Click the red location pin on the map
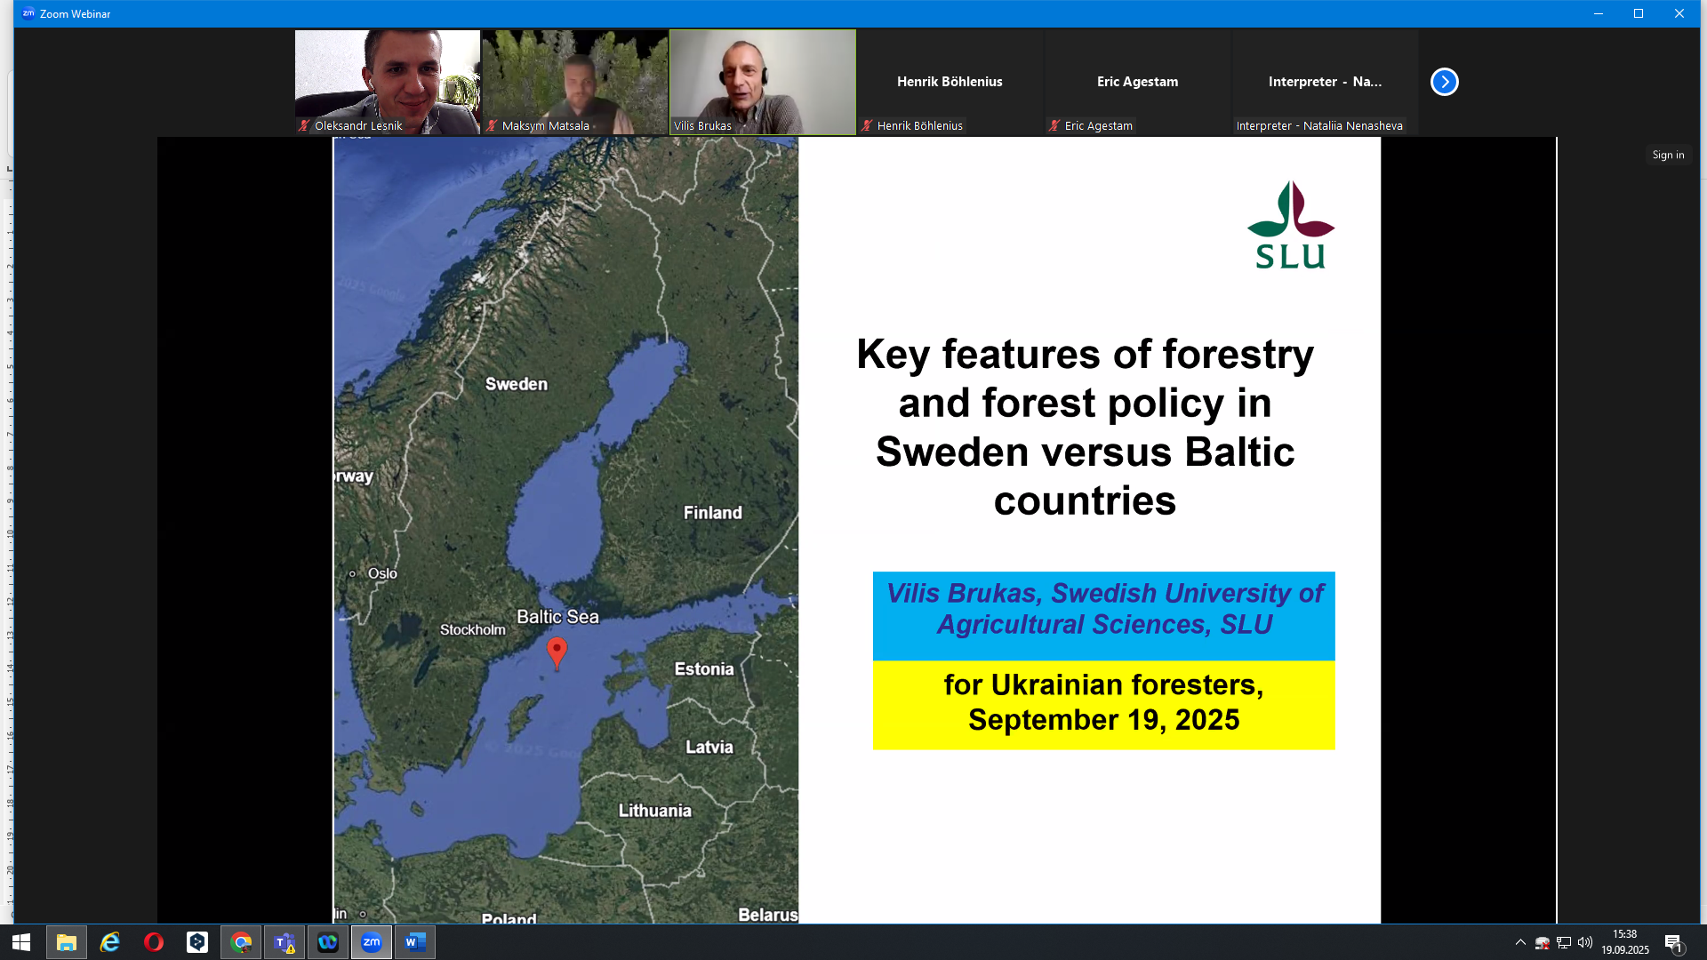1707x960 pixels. click(557, 652)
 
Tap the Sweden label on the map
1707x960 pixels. click(517, 384)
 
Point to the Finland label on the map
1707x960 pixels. click(712, 513)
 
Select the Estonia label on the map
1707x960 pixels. click(704, 669)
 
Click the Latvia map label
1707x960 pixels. click(709, 748)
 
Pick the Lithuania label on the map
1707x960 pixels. click(655, 811)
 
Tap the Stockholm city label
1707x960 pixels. click(473, 629)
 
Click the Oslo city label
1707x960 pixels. click(382, 573)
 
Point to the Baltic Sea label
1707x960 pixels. click(557, 617)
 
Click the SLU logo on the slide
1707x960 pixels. click(1291, 225)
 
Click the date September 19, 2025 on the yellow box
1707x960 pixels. click(1104, 720)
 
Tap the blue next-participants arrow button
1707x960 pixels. click(1445, 82)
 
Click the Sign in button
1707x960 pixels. click(1668, 155)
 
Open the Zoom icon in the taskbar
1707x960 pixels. click(372, 942)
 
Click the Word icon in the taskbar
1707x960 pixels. click(415, 942)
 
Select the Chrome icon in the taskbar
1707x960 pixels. click(241, 942)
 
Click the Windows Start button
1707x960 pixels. click(22, 942)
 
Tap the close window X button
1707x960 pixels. click(1679, 13)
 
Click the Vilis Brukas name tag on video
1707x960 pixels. click(702, 126)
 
